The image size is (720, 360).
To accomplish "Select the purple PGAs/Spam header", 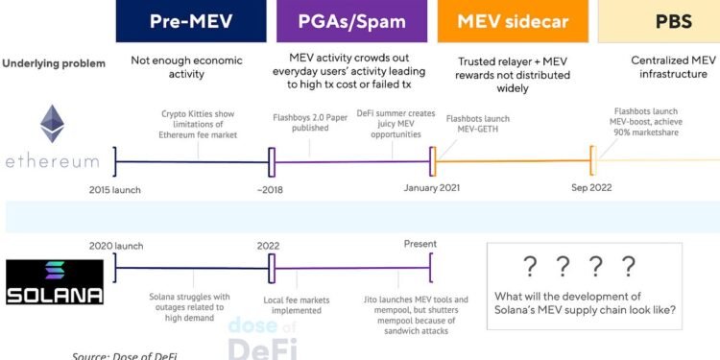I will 351,21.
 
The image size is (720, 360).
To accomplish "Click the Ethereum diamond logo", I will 50,125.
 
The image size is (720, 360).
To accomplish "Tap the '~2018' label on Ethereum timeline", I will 272,189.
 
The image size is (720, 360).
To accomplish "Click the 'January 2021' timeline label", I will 434,188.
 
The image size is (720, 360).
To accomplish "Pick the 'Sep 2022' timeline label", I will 591,188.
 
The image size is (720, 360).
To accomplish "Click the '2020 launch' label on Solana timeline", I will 115,246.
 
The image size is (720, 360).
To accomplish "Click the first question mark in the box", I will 529,266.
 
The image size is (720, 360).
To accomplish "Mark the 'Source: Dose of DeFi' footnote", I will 125,355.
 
